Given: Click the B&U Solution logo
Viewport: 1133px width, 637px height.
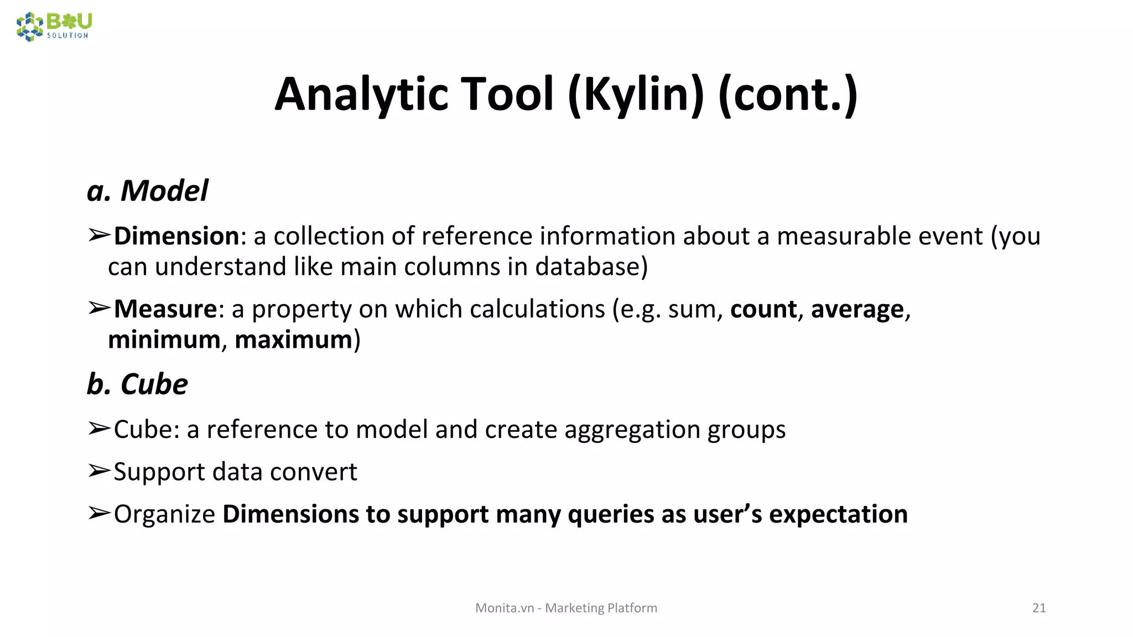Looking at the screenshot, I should pos(54,26).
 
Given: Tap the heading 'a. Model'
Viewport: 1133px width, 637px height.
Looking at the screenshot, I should pos(148,191).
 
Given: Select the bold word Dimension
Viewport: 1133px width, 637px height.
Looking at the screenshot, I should pos(176,236).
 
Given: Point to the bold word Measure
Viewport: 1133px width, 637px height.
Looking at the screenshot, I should pos(165,309).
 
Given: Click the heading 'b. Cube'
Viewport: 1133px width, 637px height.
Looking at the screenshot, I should pos(137,384).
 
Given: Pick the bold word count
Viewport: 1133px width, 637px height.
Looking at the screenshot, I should pos(763,309).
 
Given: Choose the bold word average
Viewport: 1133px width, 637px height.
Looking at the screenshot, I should pos(857,309).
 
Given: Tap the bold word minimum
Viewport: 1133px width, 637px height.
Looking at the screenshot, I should pos(164,340).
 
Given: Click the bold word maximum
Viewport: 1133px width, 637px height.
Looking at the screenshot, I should pos(293,340).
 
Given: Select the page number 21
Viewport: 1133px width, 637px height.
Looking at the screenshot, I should pos(1039,608).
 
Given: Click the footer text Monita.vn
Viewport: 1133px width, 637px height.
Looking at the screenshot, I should pos(505,608).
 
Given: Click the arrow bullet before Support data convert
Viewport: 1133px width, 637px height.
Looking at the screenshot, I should pos(100,471).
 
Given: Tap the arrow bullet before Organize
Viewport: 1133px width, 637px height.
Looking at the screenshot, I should pos(100,514).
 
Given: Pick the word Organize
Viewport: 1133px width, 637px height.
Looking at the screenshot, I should pos(164,514).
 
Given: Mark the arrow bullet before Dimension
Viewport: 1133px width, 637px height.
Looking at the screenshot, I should pos(100,236).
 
